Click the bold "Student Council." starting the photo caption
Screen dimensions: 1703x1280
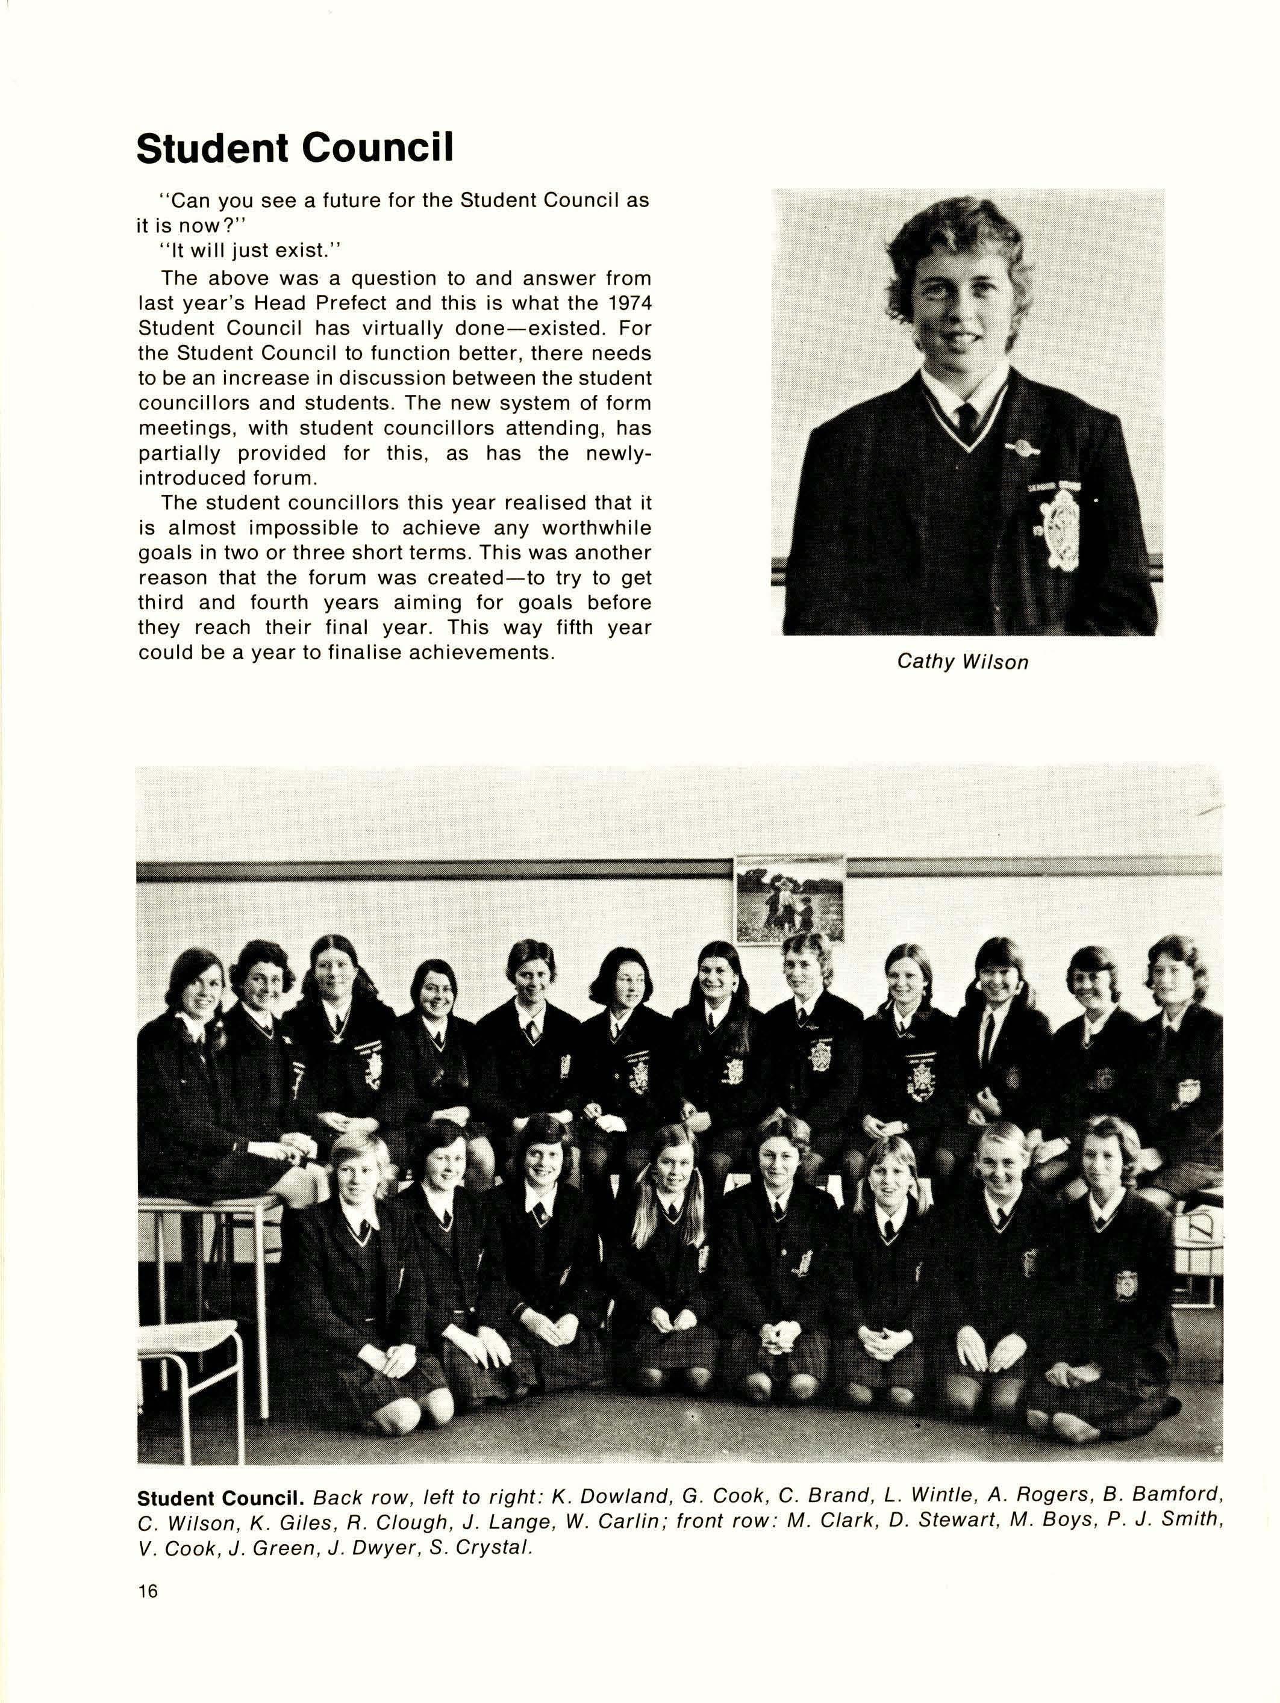tap(221, 1498)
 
